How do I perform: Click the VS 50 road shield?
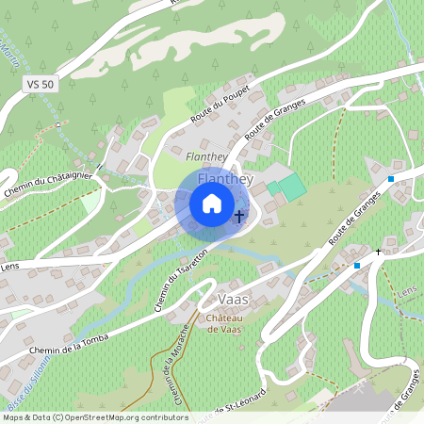[41, 84]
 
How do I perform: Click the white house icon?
[212, 204]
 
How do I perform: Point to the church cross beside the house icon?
[239, 218]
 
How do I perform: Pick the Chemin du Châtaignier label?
[46, 179]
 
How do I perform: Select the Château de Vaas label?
[227, 323]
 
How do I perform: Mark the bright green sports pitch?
[293, 186]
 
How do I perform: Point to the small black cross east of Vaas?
[379, 253]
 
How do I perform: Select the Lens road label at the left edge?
[9, 266]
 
